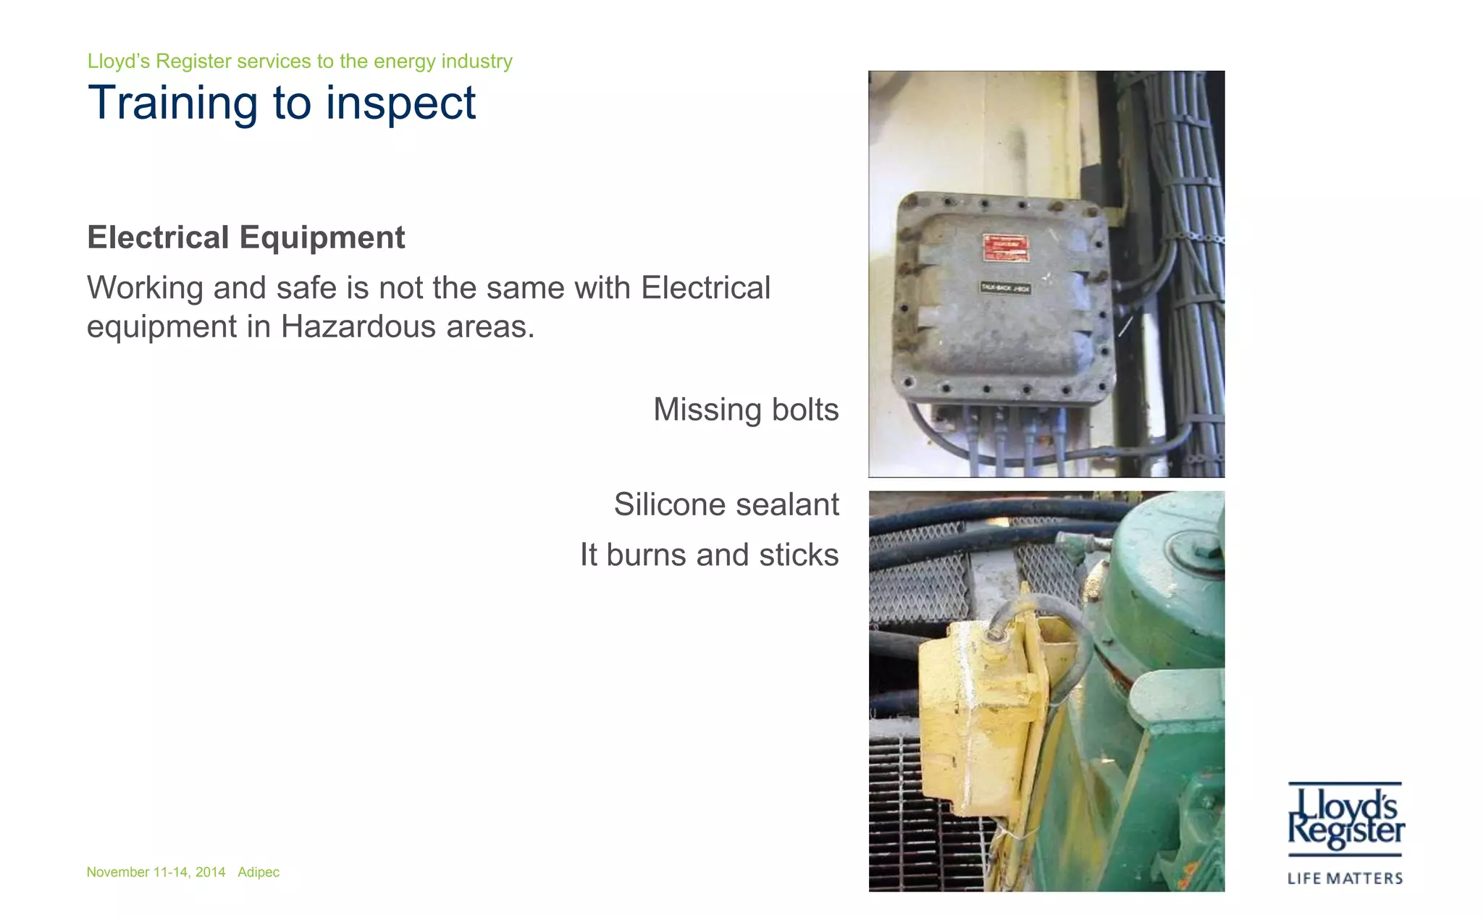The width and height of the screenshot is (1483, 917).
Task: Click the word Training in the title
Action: [172, 103]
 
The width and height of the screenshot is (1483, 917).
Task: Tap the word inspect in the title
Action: [400, 103]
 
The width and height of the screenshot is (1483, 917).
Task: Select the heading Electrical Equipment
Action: [245, 237]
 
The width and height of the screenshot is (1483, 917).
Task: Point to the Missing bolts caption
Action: [746, 410]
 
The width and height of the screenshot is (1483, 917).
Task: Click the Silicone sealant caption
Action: [726, 504]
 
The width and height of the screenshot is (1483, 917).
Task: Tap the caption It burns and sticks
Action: [709, 555]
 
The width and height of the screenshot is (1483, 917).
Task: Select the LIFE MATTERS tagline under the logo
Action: [1345, 879]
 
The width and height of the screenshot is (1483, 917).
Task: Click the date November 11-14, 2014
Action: [156, 872]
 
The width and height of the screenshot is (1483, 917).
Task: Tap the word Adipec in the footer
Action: [259, 872]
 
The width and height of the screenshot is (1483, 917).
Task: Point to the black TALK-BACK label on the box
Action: [1005, 288]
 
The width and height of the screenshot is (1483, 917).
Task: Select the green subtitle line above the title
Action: [300, 62]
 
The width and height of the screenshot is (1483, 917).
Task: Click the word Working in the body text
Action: [145, 288]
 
